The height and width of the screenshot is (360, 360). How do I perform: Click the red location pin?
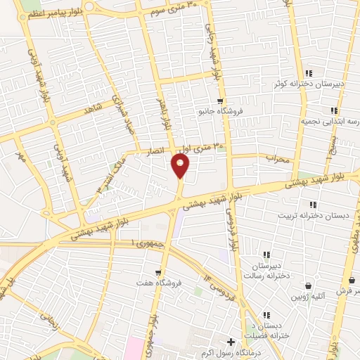[x=180, y=165]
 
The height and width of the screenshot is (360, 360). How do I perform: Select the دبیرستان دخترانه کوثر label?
[x=309, y=84]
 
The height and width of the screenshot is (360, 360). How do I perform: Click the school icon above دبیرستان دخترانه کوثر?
[x=309, y=73]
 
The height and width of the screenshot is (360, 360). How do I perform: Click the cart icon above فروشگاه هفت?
[x=160, y=272]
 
